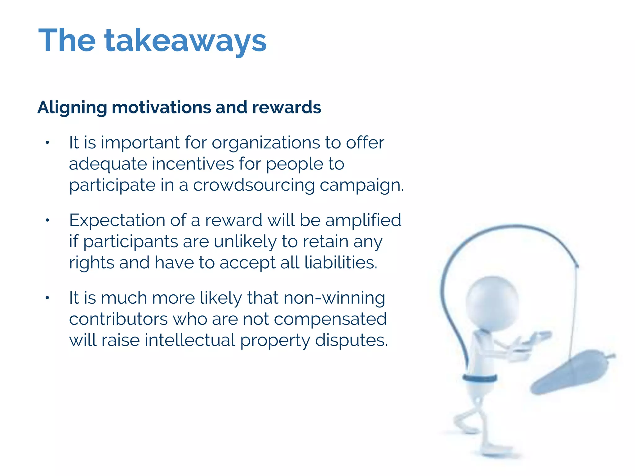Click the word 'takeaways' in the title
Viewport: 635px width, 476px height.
tap(185, 41)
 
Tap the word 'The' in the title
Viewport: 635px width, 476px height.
tap(67, 40)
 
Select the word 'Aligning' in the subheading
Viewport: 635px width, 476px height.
tap(72, 108)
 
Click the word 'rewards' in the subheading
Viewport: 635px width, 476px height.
tap(286, 107)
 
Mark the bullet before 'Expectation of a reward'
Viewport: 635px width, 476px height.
tap(47, 220)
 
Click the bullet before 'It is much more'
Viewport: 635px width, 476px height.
tap(47, 298)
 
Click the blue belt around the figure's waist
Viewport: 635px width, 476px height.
tap(479, 378)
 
